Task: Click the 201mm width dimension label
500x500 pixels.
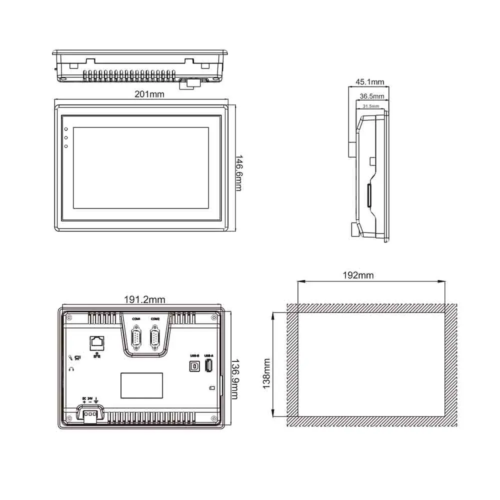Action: [x=149, y=93]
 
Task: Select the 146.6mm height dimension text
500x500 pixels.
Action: [x=239, y=172]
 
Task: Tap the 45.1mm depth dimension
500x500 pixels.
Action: [x=369, y=82]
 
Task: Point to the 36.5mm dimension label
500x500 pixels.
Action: [x=371, y=96]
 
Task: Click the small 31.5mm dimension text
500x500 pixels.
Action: [x=371, y=106]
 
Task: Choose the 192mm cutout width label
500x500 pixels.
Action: [x=358, y=275]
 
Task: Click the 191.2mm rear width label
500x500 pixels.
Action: [x=144, y=300]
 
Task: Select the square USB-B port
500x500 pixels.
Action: [x=194, y=366]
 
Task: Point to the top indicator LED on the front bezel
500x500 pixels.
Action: [x=66, y=129]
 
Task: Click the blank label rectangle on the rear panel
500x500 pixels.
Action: [x=141, y=385]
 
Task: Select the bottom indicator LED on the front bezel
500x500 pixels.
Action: [x=66, y=146]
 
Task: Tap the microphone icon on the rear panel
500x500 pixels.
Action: [x=70, y=357]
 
